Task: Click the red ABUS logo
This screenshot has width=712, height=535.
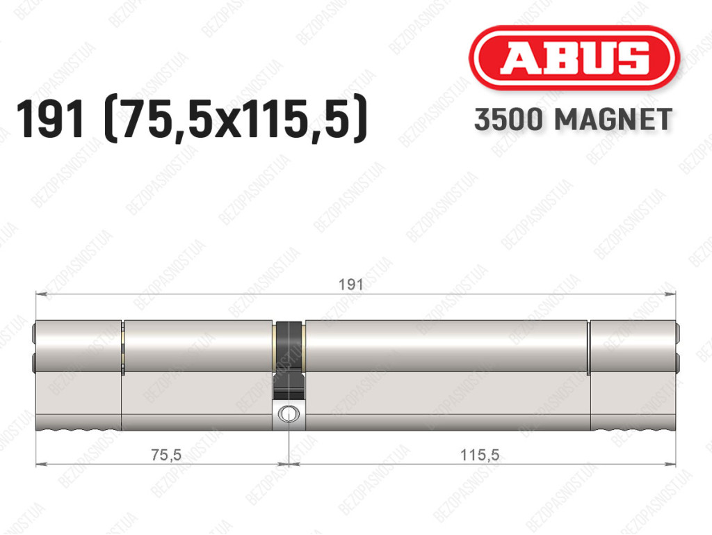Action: coord(574,58)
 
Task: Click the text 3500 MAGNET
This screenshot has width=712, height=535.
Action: coord(573,120)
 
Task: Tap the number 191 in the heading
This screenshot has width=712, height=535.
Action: coord(50,119)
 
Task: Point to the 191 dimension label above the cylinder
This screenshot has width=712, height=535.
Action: coord(351,285)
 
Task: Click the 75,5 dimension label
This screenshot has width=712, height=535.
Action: coord(166,454)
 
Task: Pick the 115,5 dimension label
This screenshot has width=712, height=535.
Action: coord(480,454)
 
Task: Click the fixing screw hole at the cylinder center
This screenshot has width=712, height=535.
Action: coord(289,414)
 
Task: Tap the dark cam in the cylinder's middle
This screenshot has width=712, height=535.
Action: coord(289,359)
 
